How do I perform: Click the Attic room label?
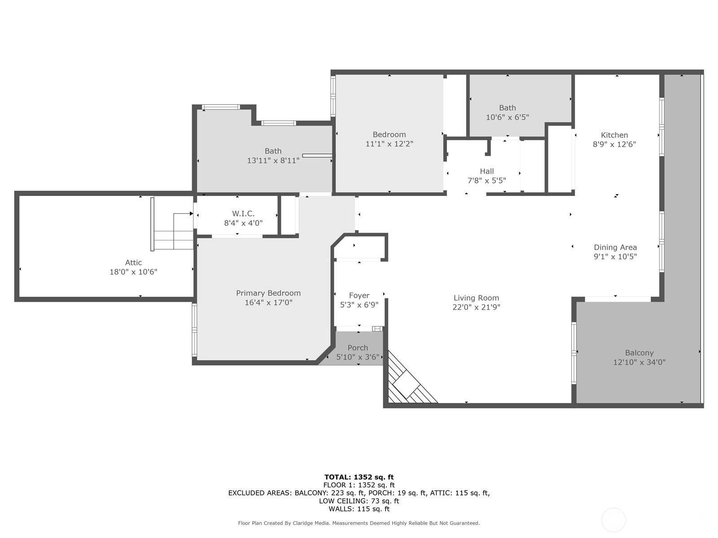pyautogui.click(x=133, y=263)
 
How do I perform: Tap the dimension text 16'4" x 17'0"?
pyautogui.click(x=268, y=303)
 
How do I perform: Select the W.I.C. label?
pyautogui.click(x=243, y=214)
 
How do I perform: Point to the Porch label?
pyautogui.click(x=358, y=348)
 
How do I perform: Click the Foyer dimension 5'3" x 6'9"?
pyautogui.click(x=359, y=305)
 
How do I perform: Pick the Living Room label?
pyautogui.click(x=476, y=298)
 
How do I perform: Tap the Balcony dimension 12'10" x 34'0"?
pyautogui.click(x=639, y=362)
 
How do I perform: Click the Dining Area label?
pyautogui.click(x=615, y=247)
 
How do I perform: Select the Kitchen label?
pyautogui.click(x=614, y=135)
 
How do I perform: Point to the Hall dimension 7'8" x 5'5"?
pyautogui.click(x=486, y=181)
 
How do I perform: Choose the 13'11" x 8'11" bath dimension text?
pyautogui.click(x=273, y=161)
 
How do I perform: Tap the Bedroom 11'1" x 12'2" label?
pyautogui.click(x=389, y=134)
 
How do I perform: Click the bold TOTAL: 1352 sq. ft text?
pyautogui.click(x=359, y=477)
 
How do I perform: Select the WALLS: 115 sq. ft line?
pyautogui.click(x=359, y=509)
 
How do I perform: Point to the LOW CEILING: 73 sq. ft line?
pyautogui.click(x=359, y=501)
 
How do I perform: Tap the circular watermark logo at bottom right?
pyautogui.click(x=613, y=520)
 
